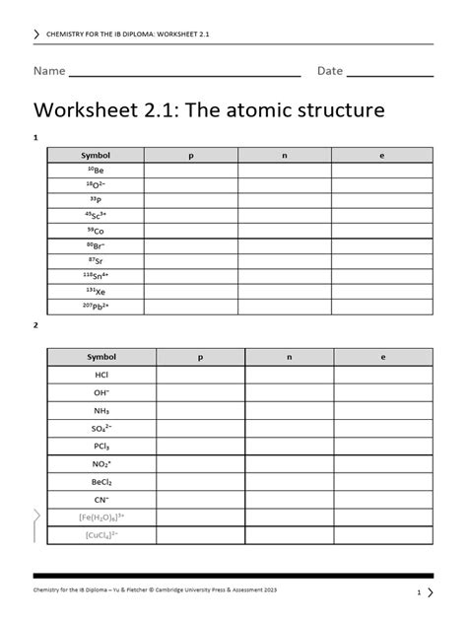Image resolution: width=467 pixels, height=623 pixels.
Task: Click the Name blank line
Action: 184,73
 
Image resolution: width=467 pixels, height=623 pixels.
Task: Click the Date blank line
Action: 389,73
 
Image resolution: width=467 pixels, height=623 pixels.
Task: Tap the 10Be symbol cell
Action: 95,171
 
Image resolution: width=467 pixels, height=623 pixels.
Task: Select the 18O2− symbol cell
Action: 95,185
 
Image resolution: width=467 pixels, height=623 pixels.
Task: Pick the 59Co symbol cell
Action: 95,231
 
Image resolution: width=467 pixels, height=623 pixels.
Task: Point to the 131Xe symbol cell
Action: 95,292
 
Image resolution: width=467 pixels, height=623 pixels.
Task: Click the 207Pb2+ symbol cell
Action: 95,307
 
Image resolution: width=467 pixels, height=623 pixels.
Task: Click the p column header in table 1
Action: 193,156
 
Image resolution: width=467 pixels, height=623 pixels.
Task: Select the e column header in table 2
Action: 384,357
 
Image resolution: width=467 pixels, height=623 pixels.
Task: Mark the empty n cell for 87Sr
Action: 290,261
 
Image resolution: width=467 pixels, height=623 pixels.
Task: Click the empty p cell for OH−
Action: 200,392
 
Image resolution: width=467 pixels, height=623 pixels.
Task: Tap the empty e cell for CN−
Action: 384,500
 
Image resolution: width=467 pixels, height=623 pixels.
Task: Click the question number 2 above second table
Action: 35,324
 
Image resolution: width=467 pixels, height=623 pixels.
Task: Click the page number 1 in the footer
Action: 419,592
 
